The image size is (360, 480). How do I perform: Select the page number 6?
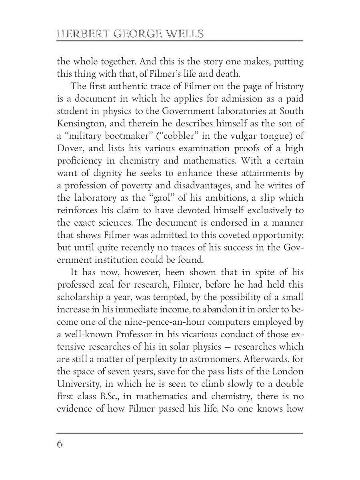(60, 444)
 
